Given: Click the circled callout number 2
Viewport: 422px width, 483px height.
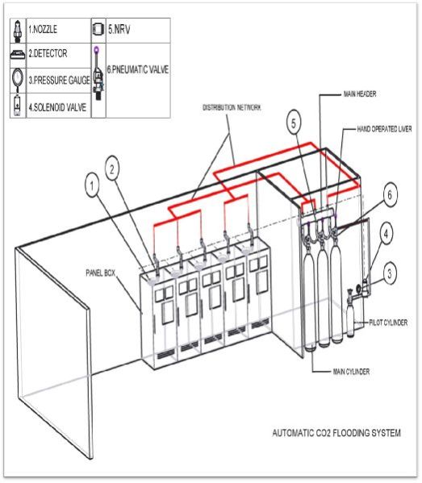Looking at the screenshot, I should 115,168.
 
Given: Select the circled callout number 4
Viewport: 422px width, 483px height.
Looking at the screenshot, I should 386,235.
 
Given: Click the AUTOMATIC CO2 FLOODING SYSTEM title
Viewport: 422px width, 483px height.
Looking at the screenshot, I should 338,433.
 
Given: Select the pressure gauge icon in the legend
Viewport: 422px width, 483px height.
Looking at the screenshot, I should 18,80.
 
